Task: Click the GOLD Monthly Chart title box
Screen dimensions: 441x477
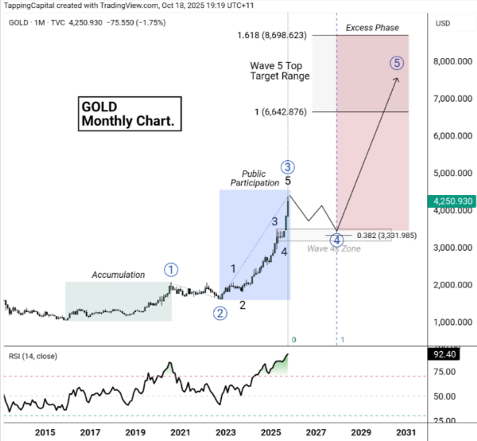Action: [130, 114]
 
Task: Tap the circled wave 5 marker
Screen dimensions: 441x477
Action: [397, 63]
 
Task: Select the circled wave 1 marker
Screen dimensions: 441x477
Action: [172, 269]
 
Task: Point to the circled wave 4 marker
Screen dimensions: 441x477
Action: [336, 240]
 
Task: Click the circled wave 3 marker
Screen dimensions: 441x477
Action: [288, 166]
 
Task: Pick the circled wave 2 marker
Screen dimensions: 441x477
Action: [219, 313]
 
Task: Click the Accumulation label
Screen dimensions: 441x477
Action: [118, 275]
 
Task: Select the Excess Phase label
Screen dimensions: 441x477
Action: [372, 29]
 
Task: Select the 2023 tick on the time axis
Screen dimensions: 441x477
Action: [226, 432]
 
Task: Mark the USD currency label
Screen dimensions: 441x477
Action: [443, 23]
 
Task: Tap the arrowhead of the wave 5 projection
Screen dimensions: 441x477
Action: [397, 79]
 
